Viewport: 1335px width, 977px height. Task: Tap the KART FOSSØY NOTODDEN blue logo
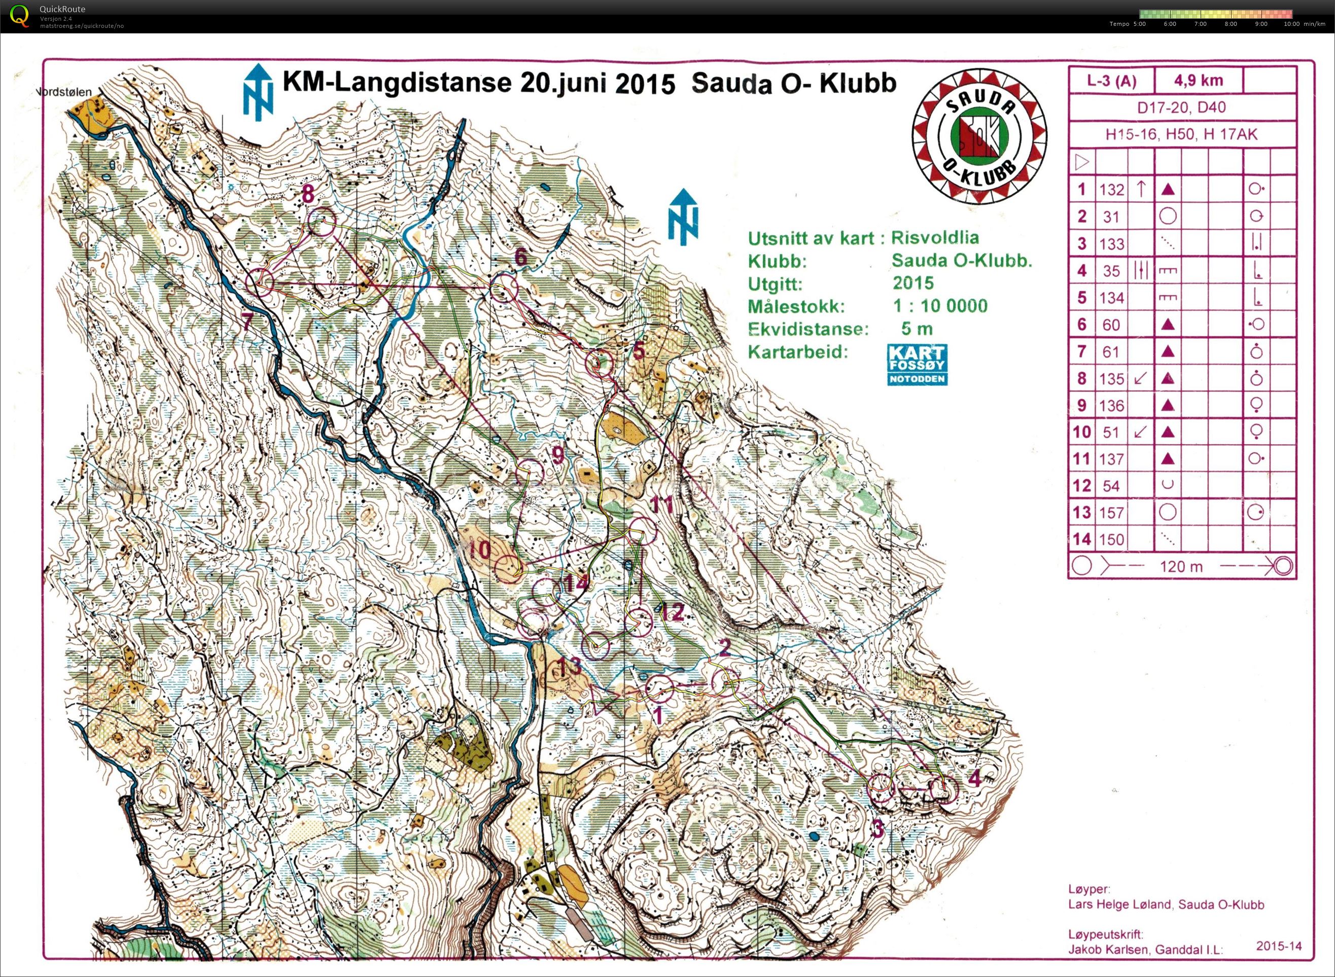coord(917,365)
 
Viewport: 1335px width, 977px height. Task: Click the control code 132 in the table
coord(1111,190)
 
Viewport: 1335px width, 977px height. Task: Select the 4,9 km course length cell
coord(1199,81)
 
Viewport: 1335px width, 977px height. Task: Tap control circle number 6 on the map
coord(505,288)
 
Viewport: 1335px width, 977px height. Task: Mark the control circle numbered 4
coord(943,789)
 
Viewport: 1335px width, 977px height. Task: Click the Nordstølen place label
coord(64,92)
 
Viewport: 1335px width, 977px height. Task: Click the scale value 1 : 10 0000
coord(940,306)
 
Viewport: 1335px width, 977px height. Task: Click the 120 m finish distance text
coord(1181,566)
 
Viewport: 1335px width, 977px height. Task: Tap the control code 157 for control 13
coord(1111,513)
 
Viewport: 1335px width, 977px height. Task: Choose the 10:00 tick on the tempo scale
coord(1291,24)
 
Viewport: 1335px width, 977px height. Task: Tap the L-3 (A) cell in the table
coord(1111,81)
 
